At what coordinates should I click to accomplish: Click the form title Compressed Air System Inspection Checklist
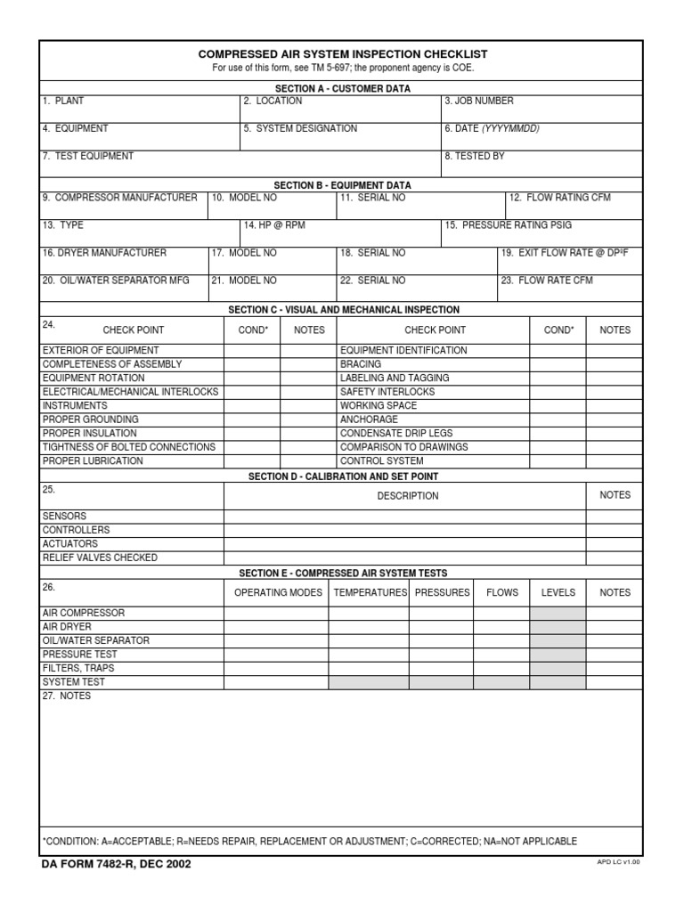coord(343,54)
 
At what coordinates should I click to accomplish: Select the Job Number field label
coord(479,102)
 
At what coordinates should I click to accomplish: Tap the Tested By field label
coord(475,157)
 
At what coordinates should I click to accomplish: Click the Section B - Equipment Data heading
coord(342,185)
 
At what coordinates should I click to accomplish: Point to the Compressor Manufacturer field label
coord(120,198)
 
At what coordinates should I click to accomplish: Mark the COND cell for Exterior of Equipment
coord(252,351)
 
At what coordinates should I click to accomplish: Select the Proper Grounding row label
coord(91,419)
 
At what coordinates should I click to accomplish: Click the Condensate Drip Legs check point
coord(396,434)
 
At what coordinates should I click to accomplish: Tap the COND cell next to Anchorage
coord(558,419)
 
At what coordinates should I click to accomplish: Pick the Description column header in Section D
coord(407,496)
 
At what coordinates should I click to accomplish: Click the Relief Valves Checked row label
coord(100,558)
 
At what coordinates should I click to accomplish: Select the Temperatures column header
coord(369,592)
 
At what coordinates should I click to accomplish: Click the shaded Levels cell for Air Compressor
coord(558,614)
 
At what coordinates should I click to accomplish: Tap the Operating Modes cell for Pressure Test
coord(276,655)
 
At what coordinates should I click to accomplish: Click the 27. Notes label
coord(67,696)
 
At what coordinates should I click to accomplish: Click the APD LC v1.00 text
coord(618,862)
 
